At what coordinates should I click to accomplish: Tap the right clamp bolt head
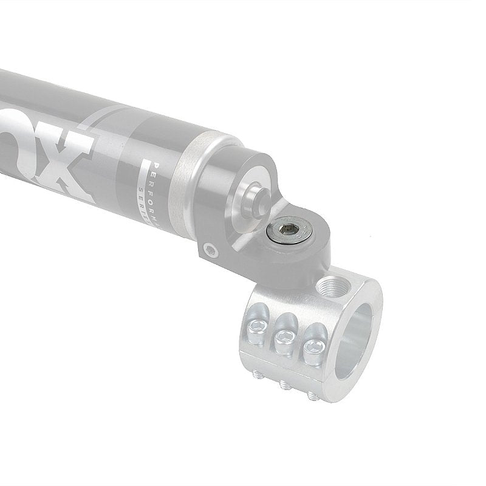[314, 346]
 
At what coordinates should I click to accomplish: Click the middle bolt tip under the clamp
[283, 385]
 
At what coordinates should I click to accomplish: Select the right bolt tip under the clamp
[312, 395]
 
